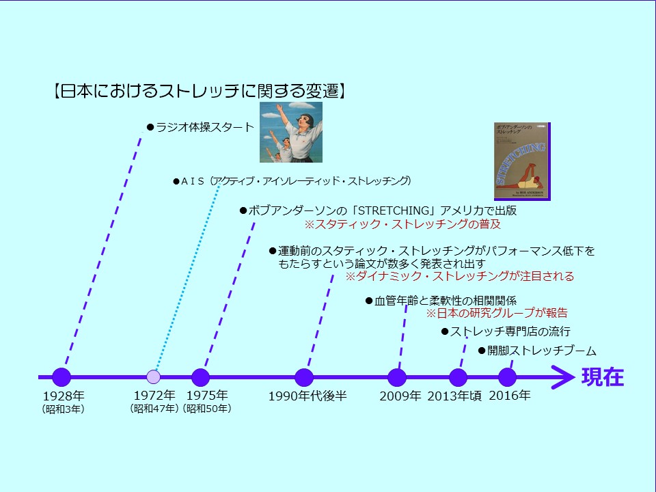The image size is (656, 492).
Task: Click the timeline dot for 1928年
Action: pyautogui.click(x=61, y=377)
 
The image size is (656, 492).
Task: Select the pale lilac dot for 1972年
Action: pyautogui.click(x=154, y=377)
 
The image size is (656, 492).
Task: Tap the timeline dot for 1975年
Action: pyautogui.click(x=200, y=377)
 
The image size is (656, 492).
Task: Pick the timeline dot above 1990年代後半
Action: pyautogui.click(x=304, y=377)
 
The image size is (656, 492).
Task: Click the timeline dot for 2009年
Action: pyautogui.click(x=397, y=377)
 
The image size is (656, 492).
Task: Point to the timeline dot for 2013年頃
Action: pyautogui.click(x=458, y=377)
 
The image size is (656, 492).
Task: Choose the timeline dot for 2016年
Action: pyautogui.click(x=508, y=377)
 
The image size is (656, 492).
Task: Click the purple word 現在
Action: pyautogui.click(x=603, y=377)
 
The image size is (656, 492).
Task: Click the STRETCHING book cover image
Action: pyautogui.click(x=522, y=161)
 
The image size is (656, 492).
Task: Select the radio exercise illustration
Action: pyautogui.click(x=291, y=132)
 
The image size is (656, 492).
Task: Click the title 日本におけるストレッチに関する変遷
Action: pyautogui.click(x=200, y=91)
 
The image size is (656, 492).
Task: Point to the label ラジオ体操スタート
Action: pyautogui.click(x=204, y=127)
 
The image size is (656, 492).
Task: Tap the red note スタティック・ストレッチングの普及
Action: pyautogui.click(x=402, y=224)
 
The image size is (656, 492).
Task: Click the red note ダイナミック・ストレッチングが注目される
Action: pyautogui.click(x=459, y=276)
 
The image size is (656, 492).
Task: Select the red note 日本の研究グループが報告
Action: pyautogui.click(x=497, y=312)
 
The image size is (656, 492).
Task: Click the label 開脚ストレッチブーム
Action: pyautogui.click(x=542, y=351)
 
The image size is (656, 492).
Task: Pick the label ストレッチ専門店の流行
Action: pyautogui.click(x=510, y=331)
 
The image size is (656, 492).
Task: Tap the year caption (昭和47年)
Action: pyautogui.click(x=154, y=409)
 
